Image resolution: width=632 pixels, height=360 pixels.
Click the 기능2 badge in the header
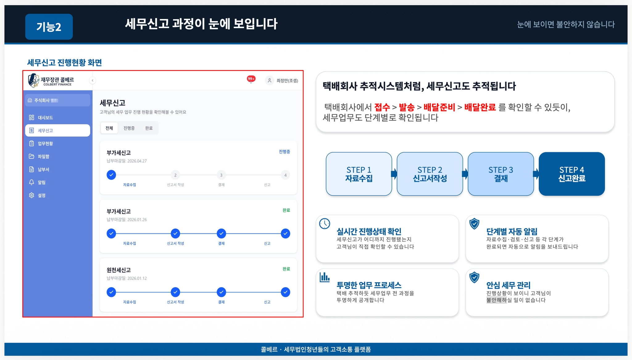click(49, 27)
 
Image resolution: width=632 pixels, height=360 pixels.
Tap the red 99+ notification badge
click(251, 79)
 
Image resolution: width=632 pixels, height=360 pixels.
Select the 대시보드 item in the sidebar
click(45, 118)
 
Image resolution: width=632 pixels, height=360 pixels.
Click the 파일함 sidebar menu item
click(43, 157)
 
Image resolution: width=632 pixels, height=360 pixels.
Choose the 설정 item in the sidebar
click(41, 195)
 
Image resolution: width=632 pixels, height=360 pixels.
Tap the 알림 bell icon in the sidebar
click(31, 182)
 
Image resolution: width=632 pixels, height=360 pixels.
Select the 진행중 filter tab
click(129, 128)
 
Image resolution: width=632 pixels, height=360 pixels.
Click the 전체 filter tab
click(109, 128)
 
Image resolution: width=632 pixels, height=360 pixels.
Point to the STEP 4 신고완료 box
click(572, 174)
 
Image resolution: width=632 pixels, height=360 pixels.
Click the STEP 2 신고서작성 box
click(430, 174)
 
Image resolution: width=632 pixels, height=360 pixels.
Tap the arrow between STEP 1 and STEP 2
click(394, 174)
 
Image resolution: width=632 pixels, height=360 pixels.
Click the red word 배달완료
click(480, 107)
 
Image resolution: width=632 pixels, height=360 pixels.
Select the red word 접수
click(382, 107)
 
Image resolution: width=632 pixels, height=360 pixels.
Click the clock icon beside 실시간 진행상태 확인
click(325, 224)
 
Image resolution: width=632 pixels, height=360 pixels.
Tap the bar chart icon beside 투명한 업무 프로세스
click(325, 277)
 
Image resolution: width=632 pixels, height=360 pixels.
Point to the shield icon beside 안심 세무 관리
click(474, 277)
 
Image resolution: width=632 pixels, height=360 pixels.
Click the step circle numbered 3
click(221, 175)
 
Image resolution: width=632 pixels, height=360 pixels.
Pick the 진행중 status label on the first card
click(284, 152)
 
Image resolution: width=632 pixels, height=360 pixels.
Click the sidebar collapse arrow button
click(92, 81)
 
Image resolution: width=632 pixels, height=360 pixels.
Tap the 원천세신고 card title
click(119, 270)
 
